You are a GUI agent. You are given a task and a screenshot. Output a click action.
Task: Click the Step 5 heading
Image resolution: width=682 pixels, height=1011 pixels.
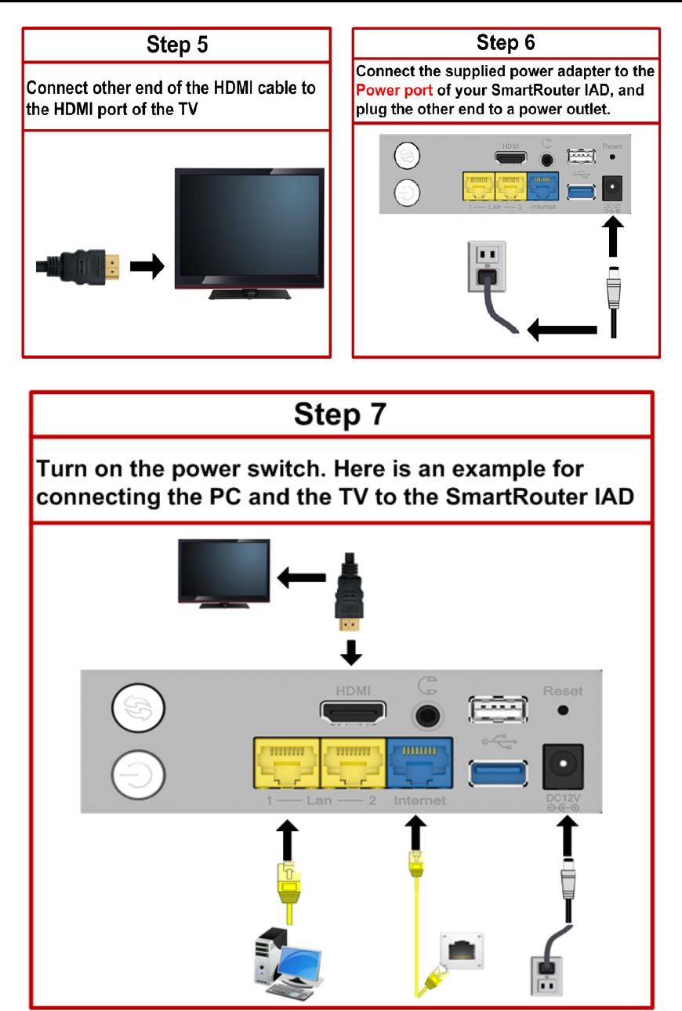[177, 45]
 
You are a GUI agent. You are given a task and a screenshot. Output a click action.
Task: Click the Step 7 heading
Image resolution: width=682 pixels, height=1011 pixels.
[339, 413]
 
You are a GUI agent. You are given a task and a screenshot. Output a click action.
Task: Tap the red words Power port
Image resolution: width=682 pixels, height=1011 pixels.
[394, 90]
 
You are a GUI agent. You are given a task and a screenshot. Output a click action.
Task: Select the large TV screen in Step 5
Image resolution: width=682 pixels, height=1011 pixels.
[249, 226]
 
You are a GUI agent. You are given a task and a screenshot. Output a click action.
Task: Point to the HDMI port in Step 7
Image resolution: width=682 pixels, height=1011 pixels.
[354, 713]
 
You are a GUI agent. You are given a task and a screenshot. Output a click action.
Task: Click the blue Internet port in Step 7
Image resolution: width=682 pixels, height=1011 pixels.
[419, 763]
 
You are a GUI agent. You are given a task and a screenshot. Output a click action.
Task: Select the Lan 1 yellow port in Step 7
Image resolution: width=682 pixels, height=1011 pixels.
[285, 763]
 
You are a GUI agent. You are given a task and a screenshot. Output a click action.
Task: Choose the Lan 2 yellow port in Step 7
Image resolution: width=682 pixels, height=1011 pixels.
[353, 763]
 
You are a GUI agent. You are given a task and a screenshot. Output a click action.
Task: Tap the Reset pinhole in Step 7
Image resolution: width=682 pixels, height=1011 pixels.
[562, 711]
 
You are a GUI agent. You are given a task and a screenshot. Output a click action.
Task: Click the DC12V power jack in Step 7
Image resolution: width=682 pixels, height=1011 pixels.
[563, 766]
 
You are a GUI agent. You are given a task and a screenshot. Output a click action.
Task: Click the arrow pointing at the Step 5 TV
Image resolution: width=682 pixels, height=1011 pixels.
[147, 267]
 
